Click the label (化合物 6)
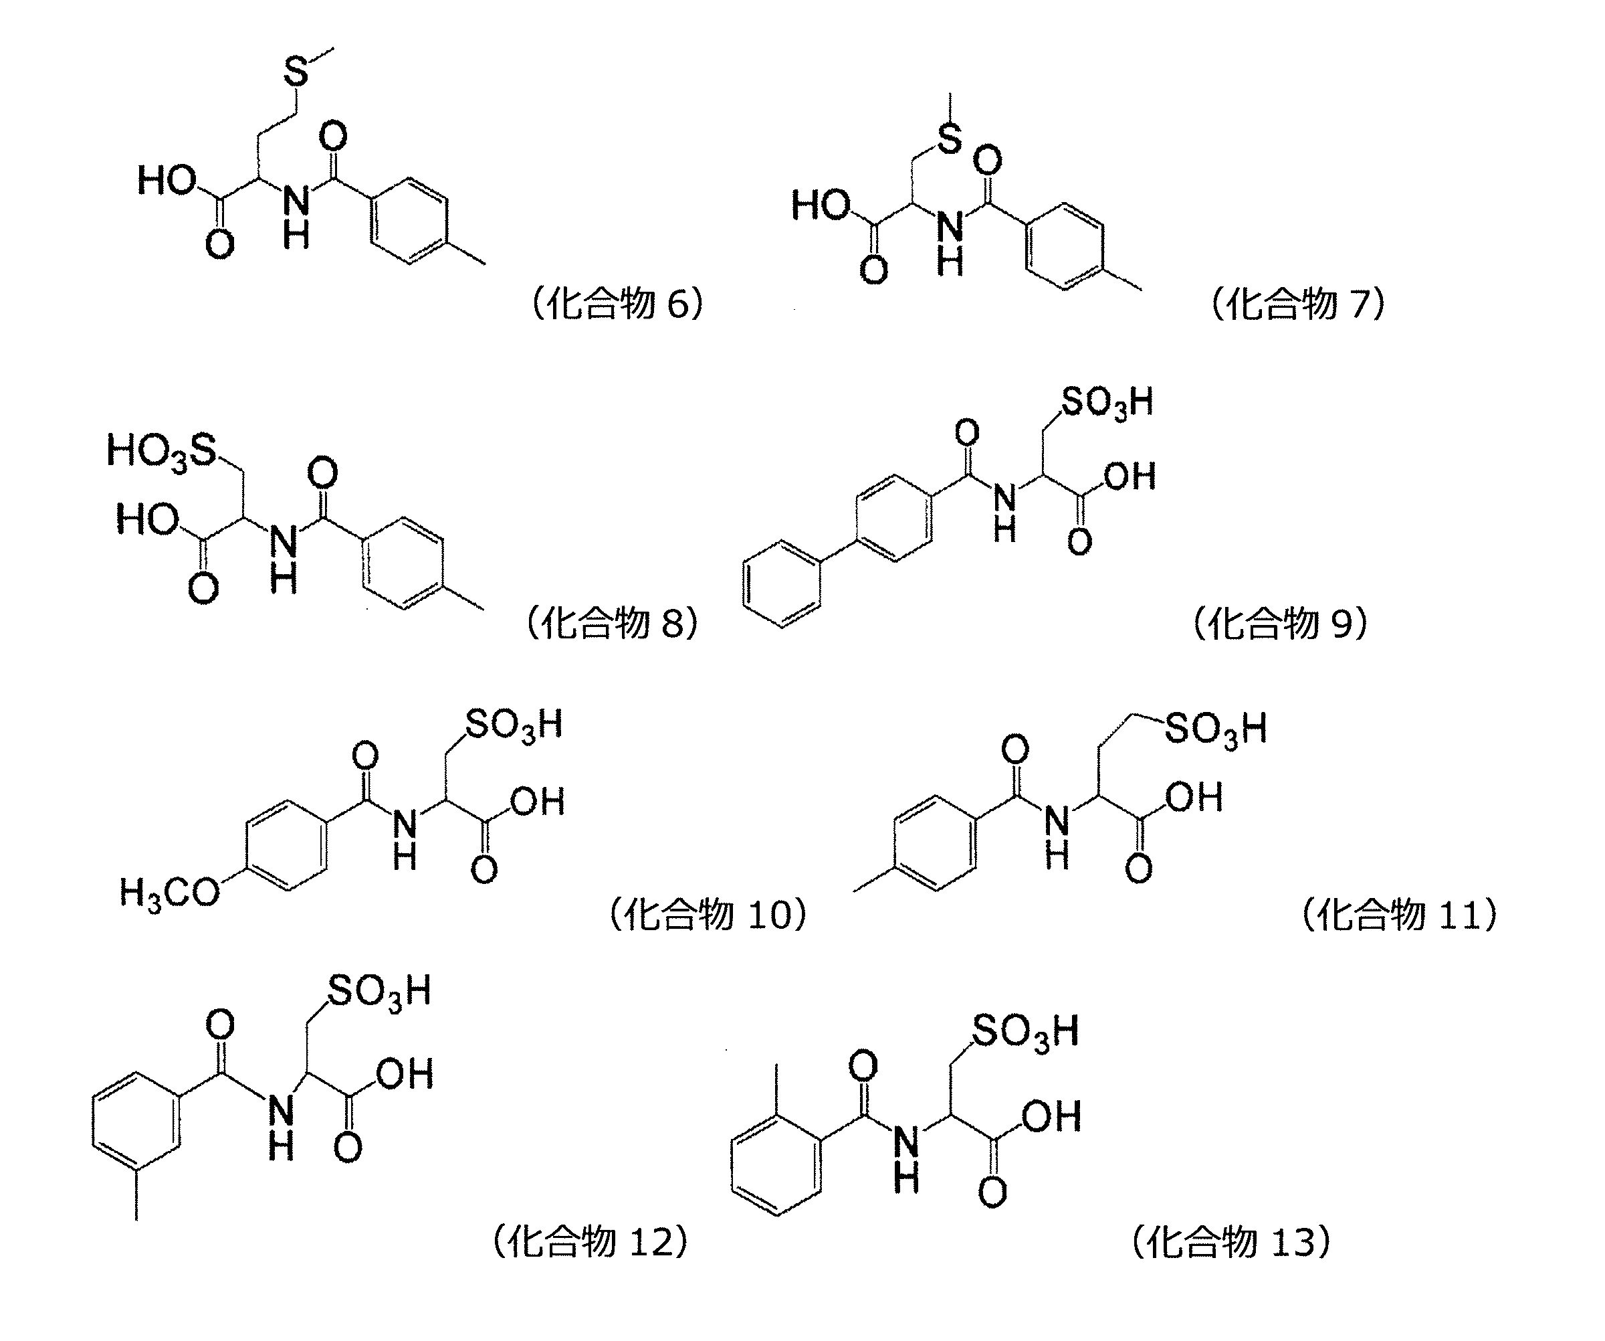(617, 304)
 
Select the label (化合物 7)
(1298, 304)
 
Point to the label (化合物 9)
(1279, 623)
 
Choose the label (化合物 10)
(707, 914)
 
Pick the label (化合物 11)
(1398, 914)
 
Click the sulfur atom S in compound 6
(296, 71)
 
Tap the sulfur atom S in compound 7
(949, 139)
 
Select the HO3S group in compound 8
(163, 451)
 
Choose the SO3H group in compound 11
(1215, 729)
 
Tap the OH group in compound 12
(405, 1073)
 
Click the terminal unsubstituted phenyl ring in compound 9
(781, 584)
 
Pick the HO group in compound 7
(821, 205)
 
